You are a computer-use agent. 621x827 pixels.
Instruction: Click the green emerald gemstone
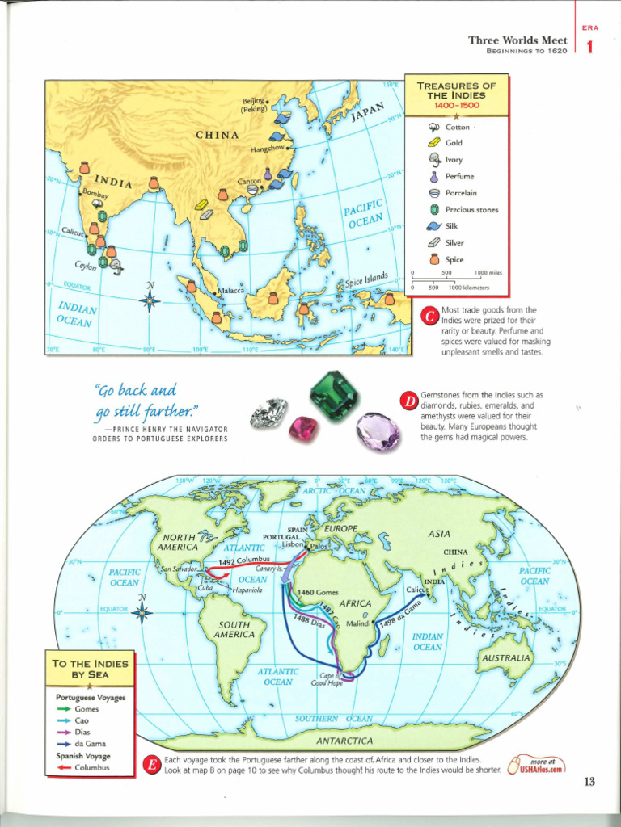click(334, 395)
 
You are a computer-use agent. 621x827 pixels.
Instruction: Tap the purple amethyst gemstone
click(378, 431)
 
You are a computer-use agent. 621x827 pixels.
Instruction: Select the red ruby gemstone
click(303, 428)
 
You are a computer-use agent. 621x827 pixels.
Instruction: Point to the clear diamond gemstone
click(269, 413)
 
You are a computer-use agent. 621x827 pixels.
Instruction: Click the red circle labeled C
click(430, 317)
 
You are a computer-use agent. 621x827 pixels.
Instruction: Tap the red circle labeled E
click(150, 766)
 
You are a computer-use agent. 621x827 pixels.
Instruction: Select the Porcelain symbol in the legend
click(434, 193)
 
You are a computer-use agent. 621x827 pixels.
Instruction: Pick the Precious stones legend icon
click(434, 210)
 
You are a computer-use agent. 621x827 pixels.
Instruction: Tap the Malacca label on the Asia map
click(231, 290)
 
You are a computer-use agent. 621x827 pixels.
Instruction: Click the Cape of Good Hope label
click(327, 679)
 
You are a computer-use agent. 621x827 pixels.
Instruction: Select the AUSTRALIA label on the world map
click(506, 658)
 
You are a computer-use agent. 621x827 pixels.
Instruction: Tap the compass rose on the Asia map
click(150, 301)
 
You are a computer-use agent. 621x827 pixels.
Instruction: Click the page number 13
click(589, 781)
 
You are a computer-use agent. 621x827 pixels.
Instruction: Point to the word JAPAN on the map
click(366, 112)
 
